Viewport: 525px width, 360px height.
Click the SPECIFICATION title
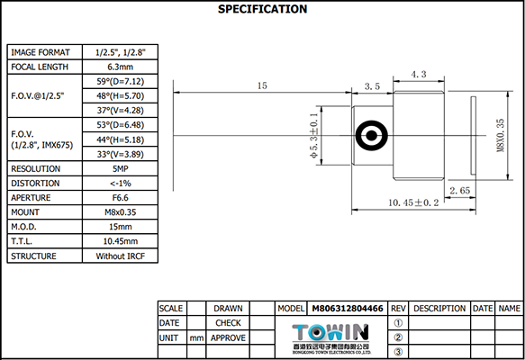coord(262,10)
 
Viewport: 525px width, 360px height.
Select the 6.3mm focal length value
coord(120,67)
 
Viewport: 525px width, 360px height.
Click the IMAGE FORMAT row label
coord(44,52)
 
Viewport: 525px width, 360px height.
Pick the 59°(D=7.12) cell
coord(120,81)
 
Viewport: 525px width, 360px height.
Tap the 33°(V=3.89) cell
coord(120,154)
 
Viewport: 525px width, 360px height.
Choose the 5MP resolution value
coord(120,168)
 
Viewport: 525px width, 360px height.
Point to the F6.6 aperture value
coord(120,198)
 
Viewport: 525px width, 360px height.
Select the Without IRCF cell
coord(120,256)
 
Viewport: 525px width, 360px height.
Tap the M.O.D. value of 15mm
coord(120,227)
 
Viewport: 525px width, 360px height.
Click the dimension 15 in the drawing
coord(262,85)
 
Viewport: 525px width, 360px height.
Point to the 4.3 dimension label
coord(418,74)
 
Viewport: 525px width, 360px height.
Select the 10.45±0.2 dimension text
coord(412,203)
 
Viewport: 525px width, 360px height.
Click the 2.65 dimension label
coord(459,191)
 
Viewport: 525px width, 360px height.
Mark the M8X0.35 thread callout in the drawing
coord(501,135)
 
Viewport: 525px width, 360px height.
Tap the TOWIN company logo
coord(332,330)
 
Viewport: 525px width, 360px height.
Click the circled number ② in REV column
coord(398,337)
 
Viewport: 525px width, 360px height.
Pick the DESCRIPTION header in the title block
coord(439,308)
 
